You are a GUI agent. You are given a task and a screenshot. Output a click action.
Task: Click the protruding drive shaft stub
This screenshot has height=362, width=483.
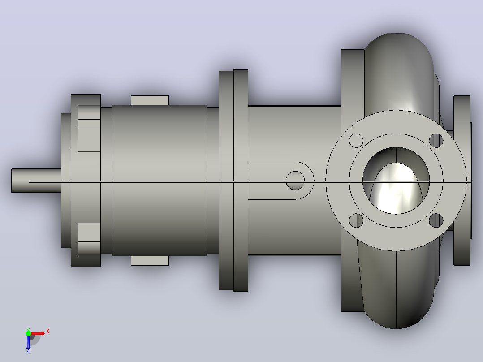(x=36, y=181)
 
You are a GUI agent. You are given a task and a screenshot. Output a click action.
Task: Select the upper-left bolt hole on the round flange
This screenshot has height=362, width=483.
(x=356, y=141)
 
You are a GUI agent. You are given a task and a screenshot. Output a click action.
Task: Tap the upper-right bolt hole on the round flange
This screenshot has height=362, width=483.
(x=436, y=141)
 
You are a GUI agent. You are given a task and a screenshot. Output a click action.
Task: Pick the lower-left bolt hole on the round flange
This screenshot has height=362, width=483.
(x=356, y=220)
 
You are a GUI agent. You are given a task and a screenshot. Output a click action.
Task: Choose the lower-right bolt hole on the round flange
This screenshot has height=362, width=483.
(x=436, y=220)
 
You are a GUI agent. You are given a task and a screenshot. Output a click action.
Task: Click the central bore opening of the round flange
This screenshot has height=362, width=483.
(x=396, y=181)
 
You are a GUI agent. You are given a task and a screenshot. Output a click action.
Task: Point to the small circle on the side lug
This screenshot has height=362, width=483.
(x=295, y=181)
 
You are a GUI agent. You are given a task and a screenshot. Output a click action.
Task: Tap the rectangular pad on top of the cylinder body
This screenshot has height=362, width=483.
(x=150, y=100)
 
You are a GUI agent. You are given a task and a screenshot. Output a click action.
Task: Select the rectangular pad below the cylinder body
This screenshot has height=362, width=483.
(x=150, y=261)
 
